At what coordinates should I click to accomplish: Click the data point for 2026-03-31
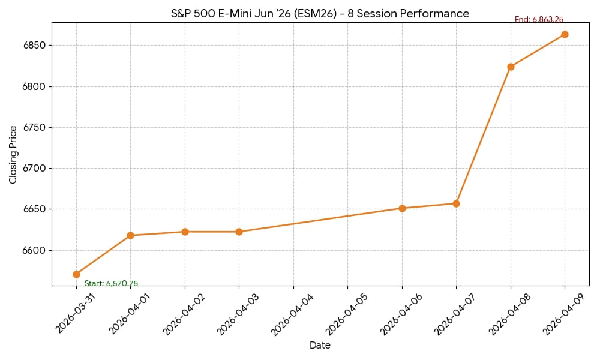(76, 274)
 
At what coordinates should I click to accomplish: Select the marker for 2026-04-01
(131, 235)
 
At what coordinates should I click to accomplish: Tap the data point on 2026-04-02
(185, 232)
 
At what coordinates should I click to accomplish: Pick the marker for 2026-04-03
(239, 232)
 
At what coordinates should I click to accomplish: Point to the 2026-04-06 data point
(402, 208)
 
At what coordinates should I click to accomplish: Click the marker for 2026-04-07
(456, 203)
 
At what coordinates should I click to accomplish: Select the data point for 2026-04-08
(511, 67)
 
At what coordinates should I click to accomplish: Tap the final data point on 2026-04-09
(565, 34)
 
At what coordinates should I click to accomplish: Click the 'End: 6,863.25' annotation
(539, 20)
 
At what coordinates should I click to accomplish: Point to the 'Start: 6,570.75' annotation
(111, 284)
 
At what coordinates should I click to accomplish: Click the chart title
(320, 13)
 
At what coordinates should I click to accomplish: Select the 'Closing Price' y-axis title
(13, 154)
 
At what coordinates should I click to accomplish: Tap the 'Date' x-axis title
(320, 346)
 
